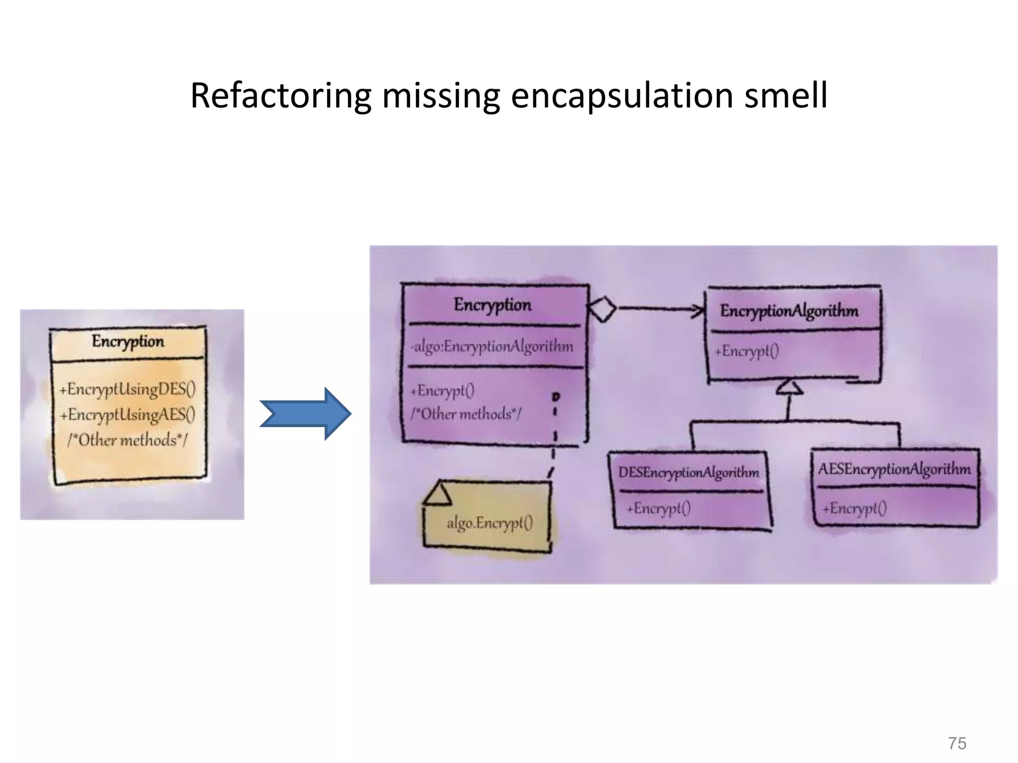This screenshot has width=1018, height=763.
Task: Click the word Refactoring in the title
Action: click(x=281, y=95)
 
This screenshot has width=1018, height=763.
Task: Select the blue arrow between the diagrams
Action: click(x=306, y=413)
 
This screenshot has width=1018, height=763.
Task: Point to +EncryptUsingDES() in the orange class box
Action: click(x=128, y=388)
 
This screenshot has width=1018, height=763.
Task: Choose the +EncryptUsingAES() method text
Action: click(x=128, y=414)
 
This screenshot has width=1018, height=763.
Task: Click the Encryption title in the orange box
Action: click(x=128, y=342)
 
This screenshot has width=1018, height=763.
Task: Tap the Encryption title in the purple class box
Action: click(x=492, y=305)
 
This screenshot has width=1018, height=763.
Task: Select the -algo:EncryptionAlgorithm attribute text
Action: click(x=492, y=346)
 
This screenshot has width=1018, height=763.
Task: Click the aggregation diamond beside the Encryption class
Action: click(x=602, y=309)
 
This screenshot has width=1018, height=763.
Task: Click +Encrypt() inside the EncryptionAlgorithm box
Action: click(x=747, y=351)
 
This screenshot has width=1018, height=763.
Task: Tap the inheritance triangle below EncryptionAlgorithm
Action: click(x=789, y=387)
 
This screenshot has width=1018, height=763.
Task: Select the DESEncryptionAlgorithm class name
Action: click(x=688, y=472)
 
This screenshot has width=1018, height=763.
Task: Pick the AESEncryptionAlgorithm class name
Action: click(x=894, y=469)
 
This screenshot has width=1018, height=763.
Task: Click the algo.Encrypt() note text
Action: click(x=490, y=523)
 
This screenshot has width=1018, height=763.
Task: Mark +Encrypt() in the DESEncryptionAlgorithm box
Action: click(x=658, y=508)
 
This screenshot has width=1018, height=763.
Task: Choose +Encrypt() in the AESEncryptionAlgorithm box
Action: click(x=854, y=508)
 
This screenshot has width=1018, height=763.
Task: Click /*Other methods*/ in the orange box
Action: click(x=128, y=440)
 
